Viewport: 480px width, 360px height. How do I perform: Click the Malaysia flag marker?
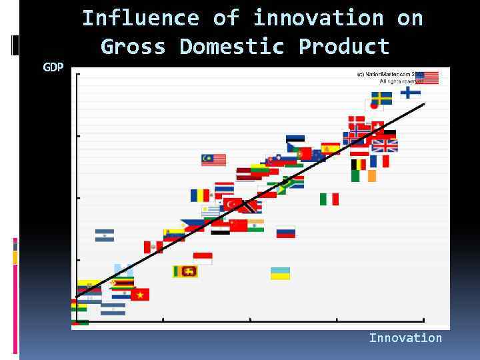pos(213,160)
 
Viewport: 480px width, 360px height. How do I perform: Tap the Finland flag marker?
pos(410,92)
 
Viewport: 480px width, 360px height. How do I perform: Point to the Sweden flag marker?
pos(381,98)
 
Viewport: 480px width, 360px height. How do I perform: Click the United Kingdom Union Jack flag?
pos(385,145)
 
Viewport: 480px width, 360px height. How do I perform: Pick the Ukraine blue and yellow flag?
pos(280,273)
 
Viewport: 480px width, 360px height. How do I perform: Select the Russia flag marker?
pos(286,232)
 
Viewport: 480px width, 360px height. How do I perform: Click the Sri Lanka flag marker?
pos(185,271)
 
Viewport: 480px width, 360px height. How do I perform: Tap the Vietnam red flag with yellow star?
pos(140,294)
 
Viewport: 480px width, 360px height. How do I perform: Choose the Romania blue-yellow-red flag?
pos(200,195)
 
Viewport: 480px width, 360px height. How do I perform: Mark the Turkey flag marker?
pos(233,203)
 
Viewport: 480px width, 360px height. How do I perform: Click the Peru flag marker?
pos(153,247)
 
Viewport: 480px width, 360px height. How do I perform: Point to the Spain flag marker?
pos(331,149)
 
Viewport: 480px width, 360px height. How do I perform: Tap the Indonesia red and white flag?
pos(203,258)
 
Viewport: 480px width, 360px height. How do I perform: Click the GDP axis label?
pos(53,67)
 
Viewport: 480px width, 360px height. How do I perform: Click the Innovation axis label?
pos(405,338)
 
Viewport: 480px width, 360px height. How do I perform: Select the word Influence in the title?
pos(140,18)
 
